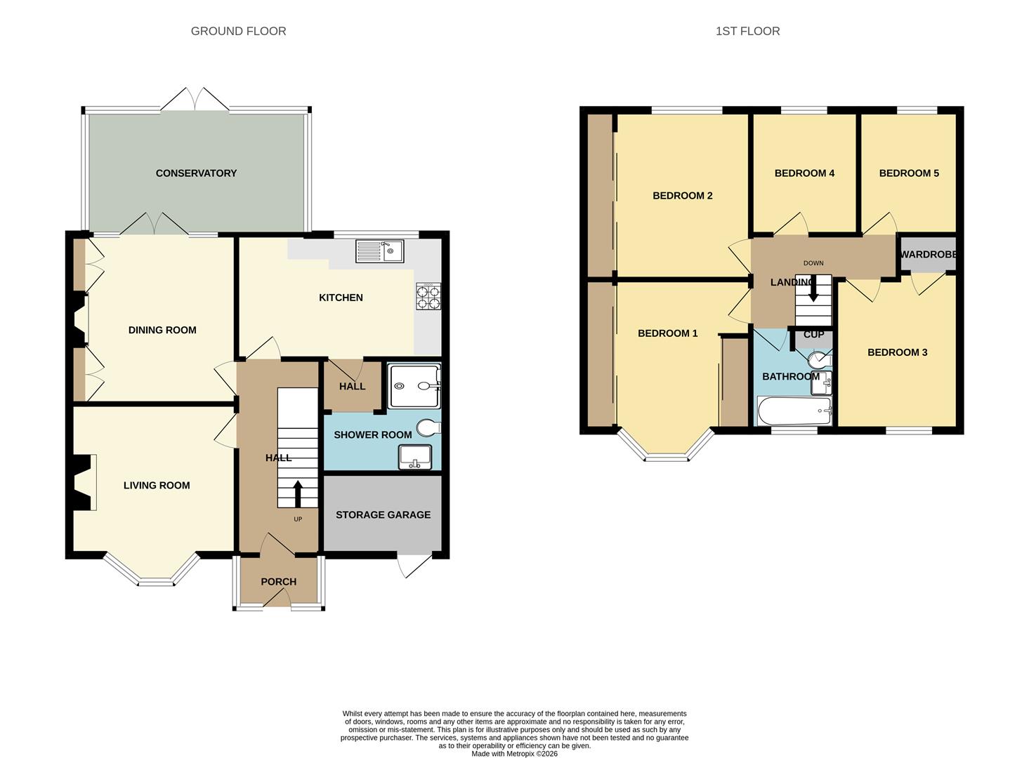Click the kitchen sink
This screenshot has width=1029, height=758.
tap(379, 251)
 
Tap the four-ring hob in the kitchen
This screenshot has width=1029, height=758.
tap(428, 297)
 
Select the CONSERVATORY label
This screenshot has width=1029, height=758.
tap(196, 173)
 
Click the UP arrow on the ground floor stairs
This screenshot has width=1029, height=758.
tap(298, 493)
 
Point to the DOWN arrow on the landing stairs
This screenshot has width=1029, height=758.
tap(813, 288)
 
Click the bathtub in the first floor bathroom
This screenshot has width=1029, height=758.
tap(794, 411)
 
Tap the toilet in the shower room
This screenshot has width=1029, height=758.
tap(428, 428)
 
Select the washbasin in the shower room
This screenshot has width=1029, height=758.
tap(415, 457)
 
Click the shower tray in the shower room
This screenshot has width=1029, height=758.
tap(414, 385)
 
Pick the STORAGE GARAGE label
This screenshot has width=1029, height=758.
tap(383, 514)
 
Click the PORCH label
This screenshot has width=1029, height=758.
tap(278, 582)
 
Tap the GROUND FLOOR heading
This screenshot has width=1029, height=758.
tap(238, 31)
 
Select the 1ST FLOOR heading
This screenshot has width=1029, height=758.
tap(747, 31)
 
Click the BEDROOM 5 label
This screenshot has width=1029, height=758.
tap(909, 173)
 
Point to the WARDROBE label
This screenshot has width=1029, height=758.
tap(929, 254)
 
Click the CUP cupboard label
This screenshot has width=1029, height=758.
tap(813, 334)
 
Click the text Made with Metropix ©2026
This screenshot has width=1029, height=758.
tap(514, 753)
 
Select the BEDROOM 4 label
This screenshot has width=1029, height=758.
tap(804, 173)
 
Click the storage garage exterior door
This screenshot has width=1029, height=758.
tap(414, 565)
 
